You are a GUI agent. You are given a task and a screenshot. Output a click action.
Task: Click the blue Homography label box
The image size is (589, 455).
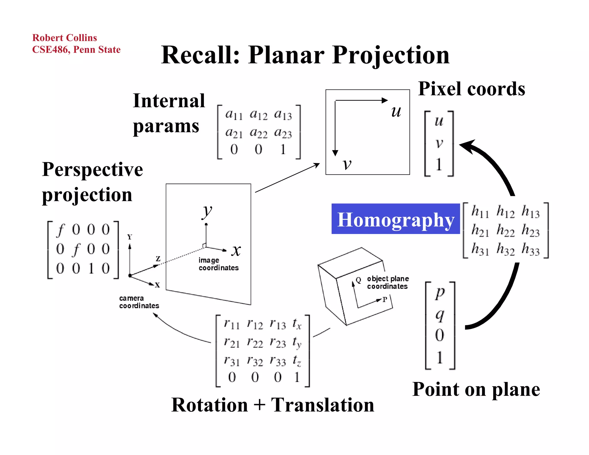pos(395,219)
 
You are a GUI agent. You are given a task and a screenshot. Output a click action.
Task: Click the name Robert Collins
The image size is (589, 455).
pos(64,38)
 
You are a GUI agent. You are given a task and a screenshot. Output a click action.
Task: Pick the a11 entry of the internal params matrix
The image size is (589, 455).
pos(234,114)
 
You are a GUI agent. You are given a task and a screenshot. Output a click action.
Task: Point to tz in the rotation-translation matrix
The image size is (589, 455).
pos(297,360)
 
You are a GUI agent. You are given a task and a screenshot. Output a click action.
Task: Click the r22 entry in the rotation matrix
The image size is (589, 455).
pos(255,343)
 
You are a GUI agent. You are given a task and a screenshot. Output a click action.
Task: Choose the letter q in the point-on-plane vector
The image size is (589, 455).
pos(440,315)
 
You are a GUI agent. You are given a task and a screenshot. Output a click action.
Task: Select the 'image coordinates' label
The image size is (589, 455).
pos(218,264)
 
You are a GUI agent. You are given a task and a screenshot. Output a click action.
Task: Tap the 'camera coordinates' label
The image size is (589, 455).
pos(139,302)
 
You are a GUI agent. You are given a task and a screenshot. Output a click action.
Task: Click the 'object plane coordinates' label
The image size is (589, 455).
pos(387,282)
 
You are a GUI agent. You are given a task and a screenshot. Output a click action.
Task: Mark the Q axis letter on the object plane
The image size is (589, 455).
pos(358,280)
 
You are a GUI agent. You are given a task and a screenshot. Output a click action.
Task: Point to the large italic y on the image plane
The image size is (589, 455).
pos(207,211)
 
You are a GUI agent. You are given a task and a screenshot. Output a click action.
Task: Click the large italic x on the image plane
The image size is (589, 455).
pos(236,250)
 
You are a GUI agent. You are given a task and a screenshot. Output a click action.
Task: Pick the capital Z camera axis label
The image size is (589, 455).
pos(158,259)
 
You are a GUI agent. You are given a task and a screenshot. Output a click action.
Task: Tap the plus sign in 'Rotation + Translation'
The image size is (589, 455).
pos(259,405)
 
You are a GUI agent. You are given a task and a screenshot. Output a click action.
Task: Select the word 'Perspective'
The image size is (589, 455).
pos(92,169)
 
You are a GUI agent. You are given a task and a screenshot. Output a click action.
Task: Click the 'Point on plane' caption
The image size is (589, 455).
pos(476,389)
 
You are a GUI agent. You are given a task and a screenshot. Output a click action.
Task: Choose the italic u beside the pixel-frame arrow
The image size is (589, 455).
pos(396,111)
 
